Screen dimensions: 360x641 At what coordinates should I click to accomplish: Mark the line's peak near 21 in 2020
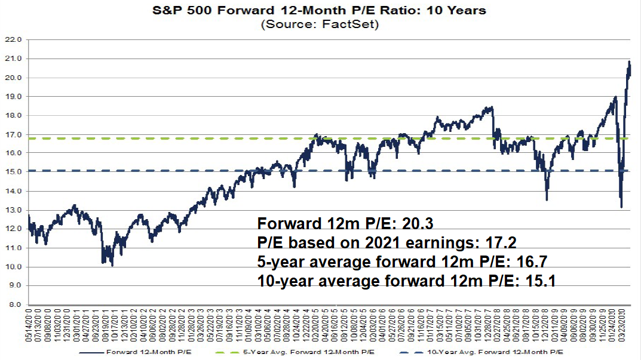click(628, 61)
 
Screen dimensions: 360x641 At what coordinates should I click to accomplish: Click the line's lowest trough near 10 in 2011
click(112, 264)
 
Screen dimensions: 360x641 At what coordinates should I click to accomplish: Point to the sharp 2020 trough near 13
click(621, 207)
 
